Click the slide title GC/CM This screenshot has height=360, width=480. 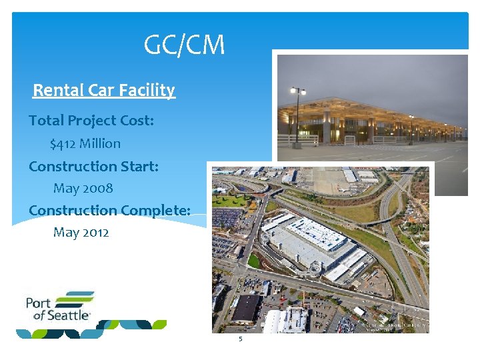[x=185, y=45]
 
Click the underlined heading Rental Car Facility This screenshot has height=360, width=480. [x=103, y=90]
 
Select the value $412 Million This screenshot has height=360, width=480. [x=85, y=143]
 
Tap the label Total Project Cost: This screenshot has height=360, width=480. [x=91, y=121]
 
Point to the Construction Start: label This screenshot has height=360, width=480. [x=93, y=166]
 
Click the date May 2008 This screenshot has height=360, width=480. [x=83, y=188]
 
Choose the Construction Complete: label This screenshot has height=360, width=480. [x=109, y=210]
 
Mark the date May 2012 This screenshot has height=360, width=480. [x=81, y=232]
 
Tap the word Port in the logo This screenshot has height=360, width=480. [x=37, y=303]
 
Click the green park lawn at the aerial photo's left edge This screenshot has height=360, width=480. [x=229, y=201]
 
